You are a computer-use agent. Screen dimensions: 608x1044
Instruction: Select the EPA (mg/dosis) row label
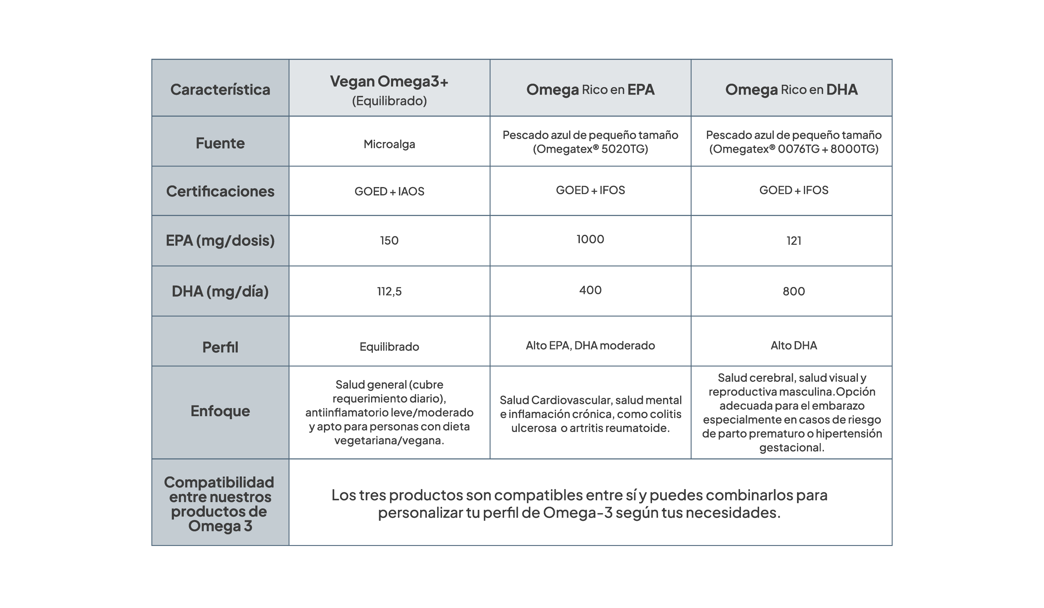pyautogui.click(x=220, y=241)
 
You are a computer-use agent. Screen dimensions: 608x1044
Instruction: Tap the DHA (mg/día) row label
pyautogui.click(x=220, y=291)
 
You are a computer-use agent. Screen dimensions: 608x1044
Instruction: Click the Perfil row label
pyautogui.click(x=220, y=347)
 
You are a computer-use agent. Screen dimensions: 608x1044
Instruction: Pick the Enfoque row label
pyautogui.click(x=220, y=411)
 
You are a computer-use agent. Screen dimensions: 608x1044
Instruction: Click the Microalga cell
pyautogui.click(x=389, y=144)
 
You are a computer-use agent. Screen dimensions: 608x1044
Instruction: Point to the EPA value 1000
pyautogui.click(x=590, y=239)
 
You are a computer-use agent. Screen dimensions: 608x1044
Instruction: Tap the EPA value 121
pyautogui.click(x=793, y=241)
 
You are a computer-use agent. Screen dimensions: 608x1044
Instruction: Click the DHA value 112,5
pyautogui.click(x=389, y=292)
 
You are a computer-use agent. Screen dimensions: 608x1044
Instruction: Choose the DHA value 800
pyautogui.click(x=793, y=291)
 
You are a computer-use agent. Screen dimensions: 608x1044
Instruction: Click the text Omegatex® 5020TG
pyautogui.click(x=590, y=149)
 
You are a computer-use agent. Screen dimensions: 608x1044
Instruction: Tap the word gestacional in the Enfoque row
pyautogui.click(x=791, y=447)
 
